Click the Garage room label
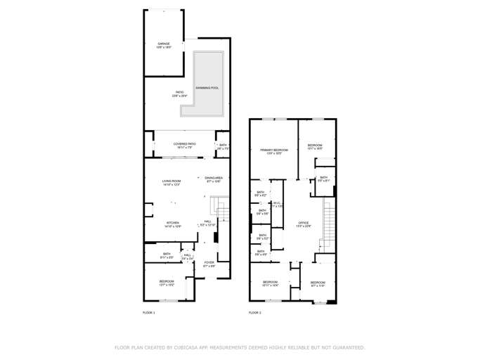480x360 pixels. click(x=163, y=44)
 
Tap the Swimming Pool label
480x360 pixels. click(x=207, y=88)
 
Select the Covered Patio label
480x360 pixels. click(x=185, y=143)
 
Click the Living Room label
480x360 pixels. click(x=171, y=181)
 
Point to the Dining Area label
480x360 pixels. click(x=214, y=178)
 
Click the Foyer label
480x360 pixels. click(x=209, y=264)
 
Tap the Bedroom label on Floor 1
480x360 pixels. click(x=167, y=281)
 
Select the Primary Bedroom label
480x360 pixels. click(x=274, y=150)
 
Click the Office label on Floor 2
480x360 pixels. click(x=303, y=223)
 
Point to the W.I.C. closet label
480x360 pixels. click(x=277, y=203)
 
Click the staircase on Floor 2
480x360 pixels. click(x=327, y=221)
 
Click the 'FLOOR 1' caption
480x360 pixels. click(x=149, y=312)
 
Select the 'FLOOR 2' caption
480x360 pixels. click(x=254, y=312)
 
